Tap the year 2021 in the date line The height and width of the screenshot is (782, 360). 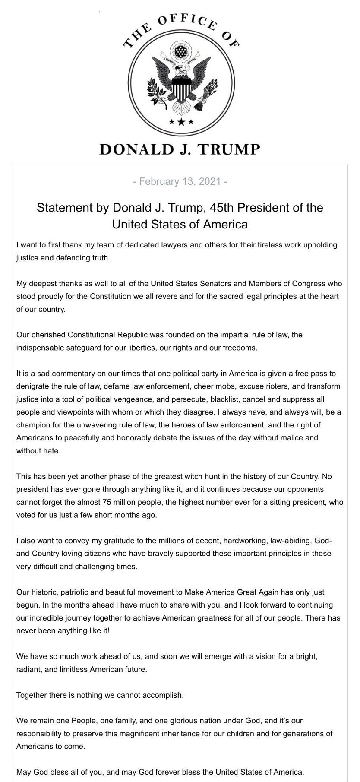pos(210,181)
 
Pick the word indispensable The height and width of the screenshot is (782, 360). pos(41,347)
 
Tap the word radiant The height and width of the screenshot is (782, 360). pos(28,670)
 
